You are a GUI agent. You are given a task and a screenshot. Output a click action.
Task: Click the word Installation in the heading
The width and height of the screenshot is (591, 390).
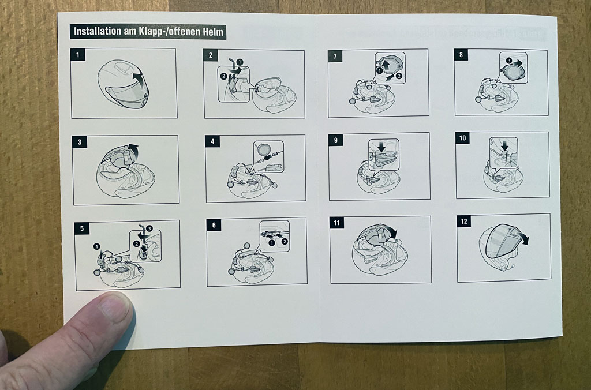tap(97, 31)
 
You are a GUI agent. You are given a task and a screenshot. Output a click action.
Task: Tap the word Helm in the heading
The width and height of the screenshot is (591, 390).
tap(214, 32)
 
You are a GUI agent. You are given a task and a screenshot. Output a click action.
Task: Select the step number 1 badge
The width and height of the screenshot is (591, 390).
tap(78, 55)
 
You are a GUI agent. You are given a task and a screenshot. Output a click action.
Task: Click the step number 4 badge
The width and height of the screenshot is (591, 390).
tap(212, 141)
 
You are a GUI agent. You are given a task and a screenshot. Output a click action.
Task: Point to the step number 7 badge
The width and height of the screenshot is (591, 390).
tap(335, 56)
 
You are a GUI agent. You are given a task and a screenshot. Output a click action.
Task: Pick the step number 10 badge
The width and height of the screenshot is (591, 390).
tap(462, 138)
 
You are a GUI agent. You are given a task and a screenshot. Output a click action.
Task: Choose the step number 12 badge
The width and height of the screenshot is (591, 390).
tap(464, 221)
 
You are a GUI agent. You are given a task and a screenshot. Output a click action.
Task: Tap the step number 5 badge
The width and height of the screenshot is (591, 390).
tap(82, 228)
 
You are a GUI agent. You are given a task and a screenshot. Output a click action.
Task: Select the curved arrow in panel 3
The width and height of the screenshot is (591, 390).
tap(132, 150)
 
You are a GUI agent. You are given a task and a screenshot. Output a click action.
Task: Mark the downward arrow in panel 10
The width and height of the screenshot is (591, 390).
tap(504, 145)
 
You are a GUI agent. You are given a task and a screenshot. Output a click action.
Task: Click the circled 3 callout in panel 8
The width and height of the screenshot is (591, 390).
tap(509, 61)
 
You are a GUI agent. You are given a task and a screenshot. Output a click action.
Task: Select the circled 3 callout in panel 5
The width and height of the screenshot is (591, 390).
tap(149, 228)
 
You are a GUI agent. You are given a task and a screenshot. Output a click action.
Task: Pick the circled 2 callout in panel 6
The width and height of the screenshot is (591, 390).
tap(285, 241)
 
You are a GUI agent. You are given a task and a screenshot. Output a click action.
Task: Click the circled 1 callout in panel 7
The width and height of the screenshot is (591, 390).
tap(380, 70)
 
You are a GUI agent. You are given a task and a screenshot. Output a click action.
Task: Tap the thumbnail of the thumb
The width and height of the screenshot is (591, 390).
tap(114, 307)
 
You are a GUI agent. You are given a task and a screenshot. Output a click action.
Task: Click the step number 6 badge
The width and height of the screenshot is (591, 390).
tap(214, 225)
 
